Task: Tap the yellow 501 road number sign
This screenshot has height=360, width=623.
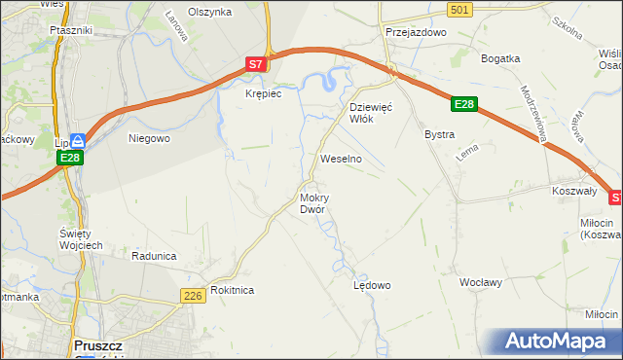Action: click(462, 9)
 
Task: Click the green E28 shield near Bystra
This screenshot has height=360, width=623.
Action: click(464, 104)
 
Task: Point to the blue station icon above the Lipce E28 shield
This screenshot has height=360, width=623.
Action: click(78, 142)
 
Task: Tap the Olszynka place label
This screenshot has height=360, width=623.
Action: click(209, 12)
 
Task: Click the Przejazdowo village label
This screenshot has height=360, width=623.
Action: click(415, 32)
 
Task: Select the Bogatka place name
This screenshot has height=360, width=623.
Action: click(501, 57)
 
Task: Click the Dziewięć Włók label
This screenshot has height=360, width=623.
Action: click(370, 113)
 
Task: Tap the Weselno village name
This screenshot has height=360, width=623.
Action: click(341, 158)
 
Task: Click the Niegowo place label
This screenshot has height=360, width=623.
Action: click(150, 138)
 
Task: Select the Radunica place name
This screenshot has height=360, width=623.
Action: click(154, 256)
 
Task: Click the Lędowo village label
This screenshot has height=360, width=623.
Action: click(371, 285)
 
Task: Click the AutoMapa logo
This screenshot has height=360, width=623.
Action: click(559, 342)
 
